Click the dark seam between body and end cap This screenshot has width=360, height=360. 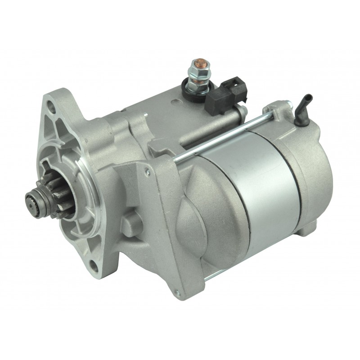pyautogui.click(x=288, y=189)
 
